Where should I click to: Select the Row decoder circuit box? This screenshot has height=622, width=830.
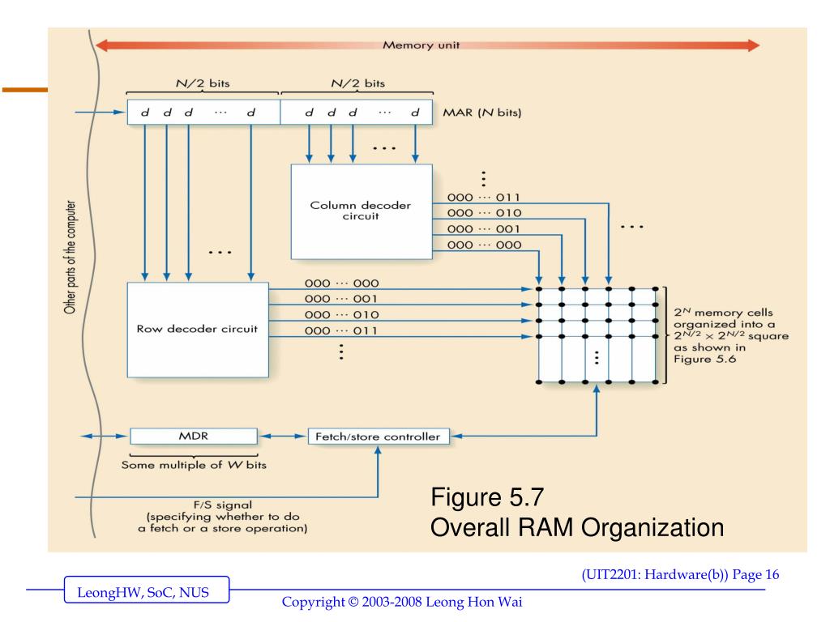(197, 329)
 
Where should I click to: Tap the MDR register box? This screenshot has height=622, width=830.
(193, 437)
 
